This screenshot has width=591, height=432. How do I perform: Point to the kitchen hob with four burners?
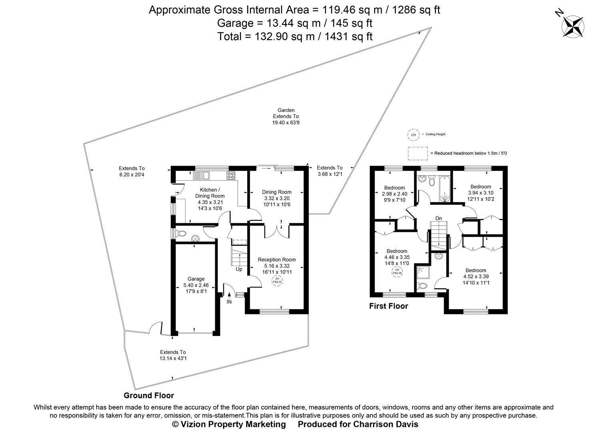pos(231,175)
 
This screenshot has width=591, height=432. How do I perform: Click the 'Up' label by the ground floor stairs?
pos(239,269)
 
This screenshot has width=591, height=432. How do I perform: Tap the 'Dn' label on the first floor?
pos(439,218)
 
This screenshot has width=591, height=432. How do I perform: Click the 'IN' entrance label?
pos(229,302)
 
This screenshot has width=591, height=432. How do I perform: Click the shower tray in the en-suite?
pos(422,272)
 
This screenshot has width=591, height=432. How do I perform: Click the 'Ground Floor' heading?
pos(149,396)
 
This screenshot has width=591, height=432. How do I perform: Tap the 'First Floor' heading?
pos(389,306)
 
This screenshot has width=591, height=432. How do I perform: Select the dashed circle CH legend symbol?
pos(413,135)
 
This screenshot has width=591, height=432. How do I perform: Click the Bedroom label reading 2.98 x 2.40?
pos(394,194)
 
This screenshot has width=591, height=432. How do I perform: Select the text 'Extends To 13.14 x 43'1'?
pos(173,355)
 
